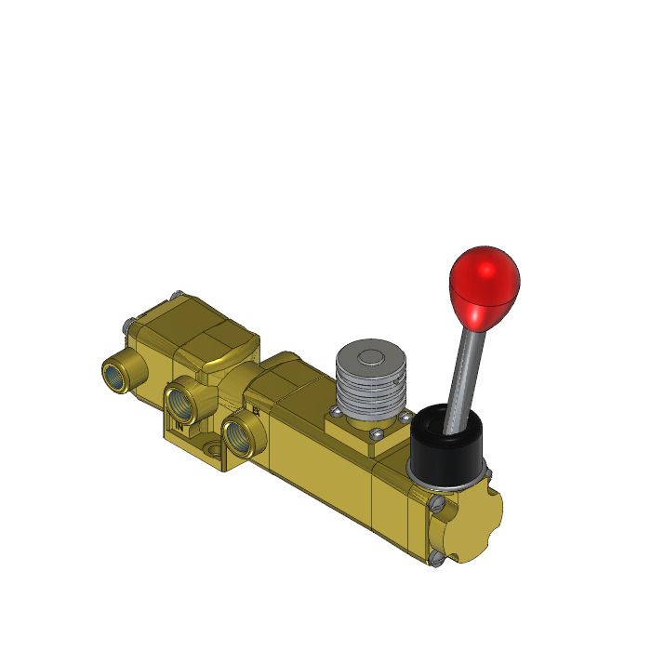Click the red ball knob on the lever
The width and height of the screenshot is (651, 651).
(484, 283)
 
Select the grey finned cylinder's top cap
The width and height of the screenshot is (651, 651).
(369, 357)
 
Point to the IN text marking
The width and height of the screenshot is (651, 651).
(180, 427)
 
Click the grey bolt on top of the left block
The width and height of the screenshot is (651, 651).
(174, 297)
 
